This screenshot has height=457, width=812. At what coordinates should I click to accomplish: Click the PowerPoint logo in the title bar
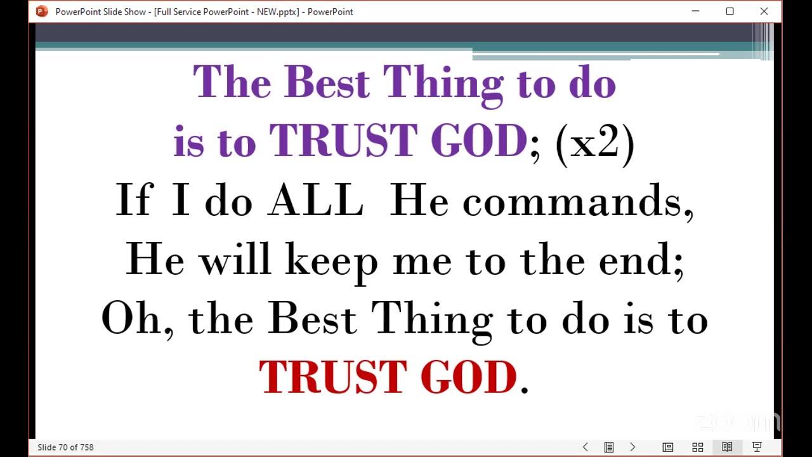point(42,11)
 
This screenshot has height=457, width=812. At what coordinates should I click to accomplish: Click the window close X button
point(764,11)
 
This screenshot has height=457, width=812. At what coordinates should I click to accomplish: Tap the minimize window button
point(695,11)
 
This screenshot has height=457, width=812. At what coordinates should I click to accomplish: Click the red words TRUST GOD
point(388,377)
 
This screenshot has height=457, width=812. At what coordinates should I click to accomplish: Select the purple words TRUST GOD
point(398,140)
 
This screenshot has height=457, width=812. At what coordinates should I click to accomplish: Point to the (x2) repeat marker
point(595,144)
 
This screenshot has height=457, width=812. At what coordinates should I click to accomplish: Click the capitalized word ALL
point(315,199)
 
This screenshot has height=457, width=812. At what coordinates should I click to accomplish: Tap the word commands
point(578,202)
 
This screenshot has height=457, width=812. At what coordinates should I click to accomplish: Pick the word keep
point(332,263)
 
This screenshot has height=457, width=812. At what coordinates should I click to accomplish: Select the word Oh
point(131,317)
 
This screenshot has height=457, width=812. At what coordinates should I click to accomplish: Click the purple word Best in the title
point(327,82)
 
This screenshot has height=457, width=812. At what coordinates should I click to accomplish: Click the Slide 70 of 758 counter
point(65,447)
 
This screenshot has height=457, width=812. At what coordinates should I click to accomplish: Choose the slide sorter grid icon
point(698,447)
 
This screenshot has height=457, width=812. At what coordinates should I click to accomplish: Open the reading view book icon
point(727,447)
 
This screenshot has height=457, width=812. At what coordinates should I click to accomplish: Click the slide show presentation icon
point(757,447)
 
